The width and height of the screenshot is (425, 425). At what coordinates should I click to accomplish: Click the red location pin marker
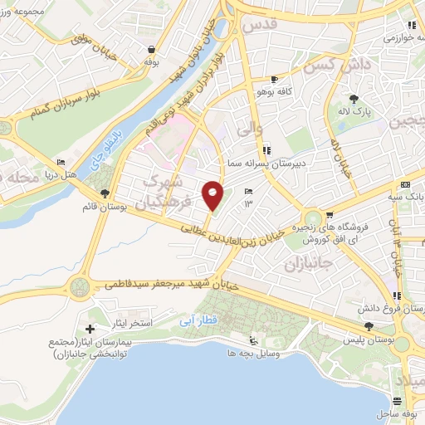click(213, 194)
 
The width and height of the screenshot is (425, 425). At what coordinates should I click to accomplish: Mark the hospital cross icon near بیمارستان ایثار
click(90, 330)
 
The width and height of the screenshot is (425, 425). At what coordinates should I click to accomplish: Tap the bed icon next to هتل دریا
click(61, 162)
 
